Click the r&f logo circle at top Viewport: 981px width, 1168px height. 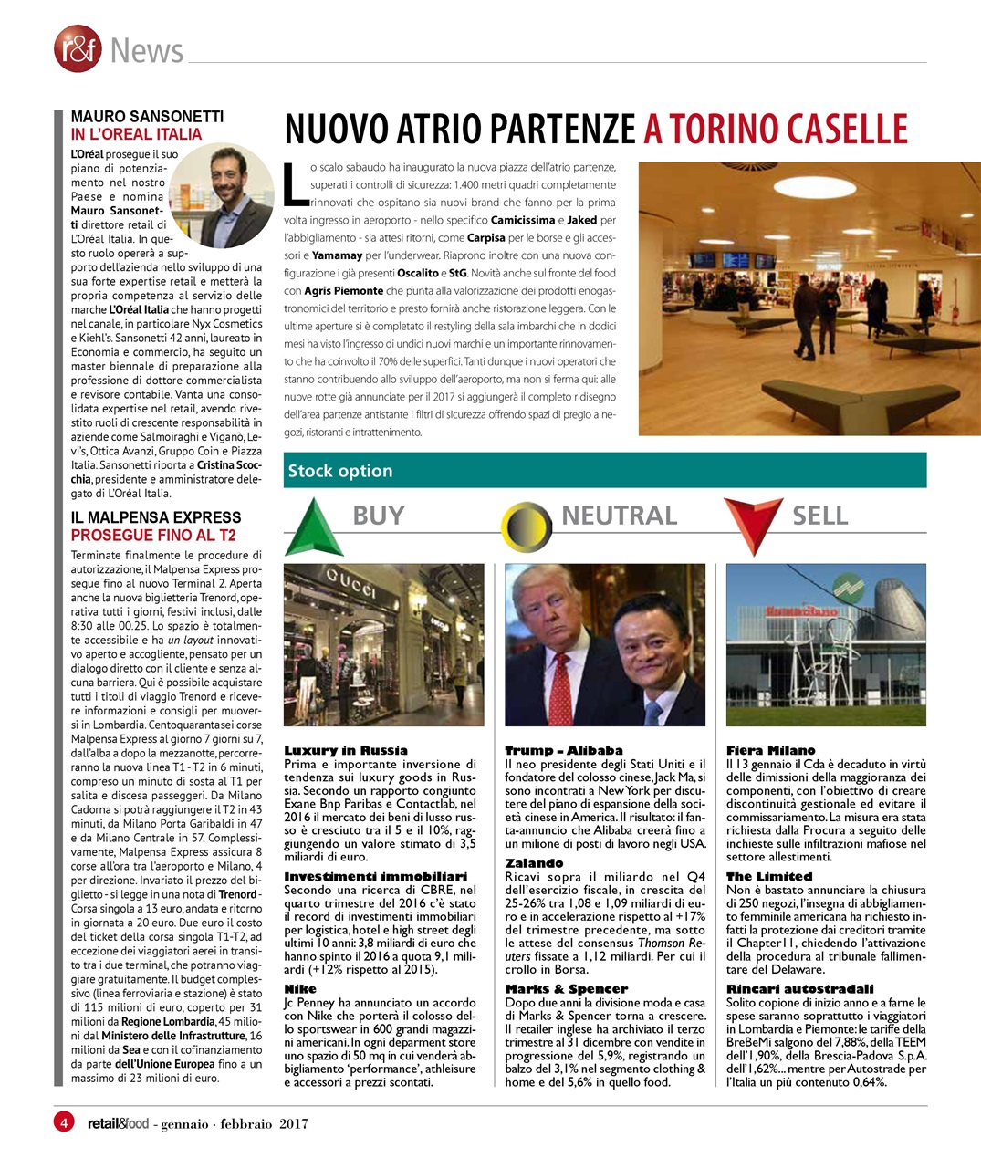tap(78, 49)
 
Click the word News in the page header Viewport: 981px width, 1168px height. tap(146, 51)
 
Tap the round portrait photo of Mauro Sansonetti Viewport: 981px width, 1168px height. tap(221, 195)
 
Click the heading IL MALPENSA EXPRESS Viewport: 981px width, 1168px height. tap(156, 517)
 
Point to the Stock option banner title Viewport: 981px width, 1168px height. tap(340, 471)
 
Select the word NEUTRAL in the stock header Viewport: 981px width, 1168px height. tap(619, 516)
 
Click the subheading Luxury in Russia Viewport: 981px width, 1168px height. tap(346, 750)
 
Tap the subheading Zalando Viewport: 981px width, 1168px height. tap(535, 862)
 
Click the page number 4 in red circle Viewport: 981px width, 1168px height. tap(64, 1121)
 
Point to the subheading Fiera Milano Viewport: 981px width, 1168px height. tap(770, 750)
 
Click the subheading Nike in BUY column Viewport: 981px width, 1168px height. tap(300, 988)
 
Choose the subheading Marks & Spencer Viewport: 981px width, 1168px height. tap(567, 988)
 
